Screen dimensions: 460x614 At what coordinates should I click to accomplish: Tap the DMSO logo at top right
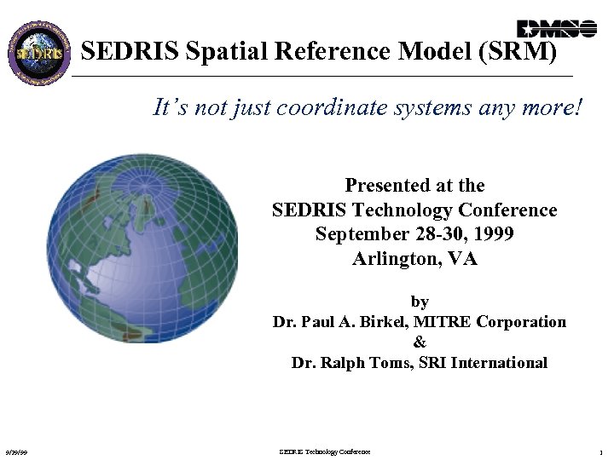tap(557, 28)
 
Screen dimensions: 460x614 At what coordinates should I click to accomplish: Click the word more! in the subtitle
tap(549, 108)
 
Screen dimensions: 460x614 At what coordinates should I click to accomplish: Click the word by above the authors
tap(420, 302)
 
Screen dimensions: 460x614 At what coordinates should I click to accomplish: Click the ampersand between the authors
tap(419, 342)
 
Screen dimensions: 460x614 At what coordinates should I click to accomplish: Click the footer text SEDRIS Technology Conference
tap(325, 451)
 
